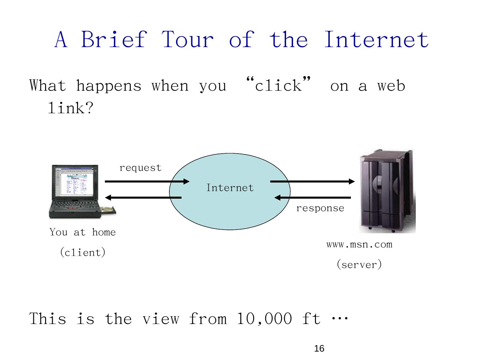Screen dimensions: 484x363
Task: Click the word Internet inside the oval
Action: (230, 188)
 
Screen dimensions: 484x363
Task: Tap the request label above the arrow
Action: (140, 167)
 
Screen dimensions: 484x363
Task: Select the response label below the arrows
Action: (320, 208)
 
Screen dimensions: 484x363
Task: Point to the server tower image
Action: (387, 191)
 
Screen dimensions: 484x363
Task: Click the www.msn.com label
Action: (359, 244)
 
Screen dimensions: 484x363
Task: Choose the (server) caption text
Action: (359, 265)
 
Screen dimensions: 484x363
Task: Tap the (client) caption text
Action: (83, 252)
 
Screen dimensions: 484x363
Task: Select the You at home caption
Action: (83, 232)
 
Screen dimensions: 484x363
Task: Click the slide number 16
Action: (319, 349)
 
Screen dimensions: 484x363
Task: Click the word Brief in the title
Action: (114, 39)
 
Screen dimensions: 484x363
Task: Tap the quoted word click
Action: (278, 85)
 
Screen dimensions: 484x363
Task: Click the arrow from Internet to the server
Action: (313, 182)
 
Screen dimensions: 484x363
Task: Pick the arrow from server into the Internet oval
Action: (313, 197)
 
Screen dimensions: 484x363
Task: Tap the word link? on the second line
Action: (70, 108)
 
